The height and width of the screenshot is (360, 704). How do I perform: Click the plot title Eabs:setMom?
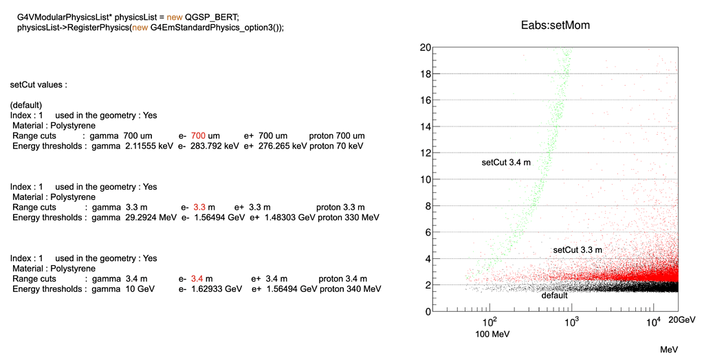555,25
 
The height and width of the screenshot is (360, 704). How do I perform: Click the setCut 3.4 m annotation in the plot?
506,162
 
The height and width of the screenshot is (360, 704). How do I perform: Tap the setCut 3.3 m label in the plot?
577,250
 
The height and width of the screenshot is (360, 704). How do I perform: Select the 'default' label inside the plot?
555,295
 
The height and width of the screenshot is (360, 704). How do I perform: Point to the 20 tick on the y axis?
426,47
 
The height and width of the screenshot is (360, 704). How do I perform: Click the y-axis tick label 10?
426,179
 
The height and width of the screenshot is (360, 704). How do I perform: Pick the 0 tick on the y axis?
428,311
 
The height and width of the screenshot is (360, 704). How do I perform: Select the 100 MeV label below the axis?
491,335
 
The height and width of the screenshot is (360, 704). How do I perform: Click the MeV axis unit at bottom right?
669,350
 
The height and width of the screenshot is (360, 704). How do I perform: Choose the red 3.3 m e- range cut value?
204,207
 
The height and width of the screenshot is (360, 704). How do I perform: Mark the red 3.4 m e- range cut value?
201,279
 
